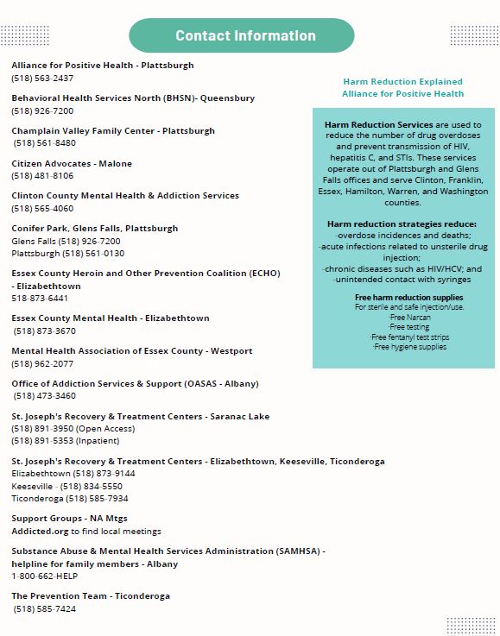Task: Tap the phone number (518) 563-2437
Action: pyautogui.click(x=42, y=79)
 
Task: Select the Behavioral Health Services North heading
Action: pyautogui.click(x=133, y=98)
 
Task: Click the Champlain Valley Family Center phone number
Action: pyautogui.click(x=44, y=144)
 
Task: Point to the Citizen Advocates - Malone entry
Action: pyautogui.click(x=72, y=164)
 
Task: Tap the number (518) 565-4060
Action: pyautogui.click(x=42, y=209)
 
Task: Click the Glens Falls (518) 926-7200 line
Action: pyautogui.click(x=66, y=242)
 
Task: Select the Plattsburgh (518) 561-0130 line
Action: pyautogui.click(x=68, y=254)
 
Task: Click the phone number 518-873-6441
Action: pyautogui.click(x=40, y=299)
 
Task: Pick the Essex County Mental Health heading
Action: pyautogui.click(x=111, y=318)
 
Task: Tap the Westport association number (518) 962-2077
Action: pyautogui.click(x=42, y=364)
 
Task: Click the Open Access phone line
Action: pyautogui.click(x=73, y=429)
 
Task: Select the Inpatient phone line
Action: pyautogui.click(x=65, y=441)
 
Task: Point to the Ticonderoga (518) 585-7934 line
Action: pyautogui.click(x=70, y=499)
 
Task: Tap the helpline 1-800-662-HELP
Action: pyautogui.click(x=44, y=576)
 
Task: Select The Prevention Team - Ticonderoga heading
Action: pyautogui.click(x=91, y=596)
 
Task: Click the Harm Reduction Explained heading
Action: pyautogui.click(x=402, y=82)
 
